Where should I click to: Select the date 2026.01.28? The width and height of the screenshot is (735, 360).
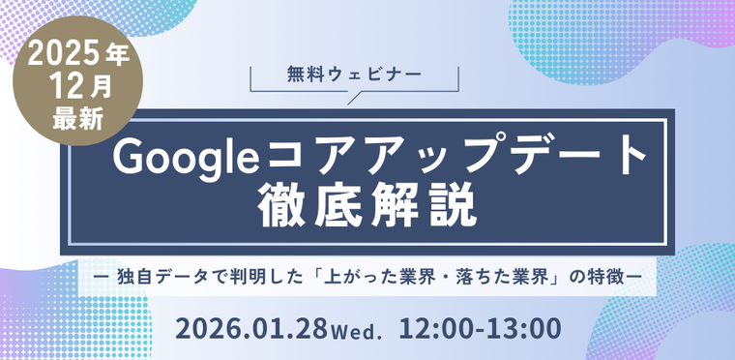tap(252, 328)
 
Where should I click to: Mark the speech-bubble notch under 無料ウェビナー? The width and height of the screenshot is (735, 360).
tap(354, 96)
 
